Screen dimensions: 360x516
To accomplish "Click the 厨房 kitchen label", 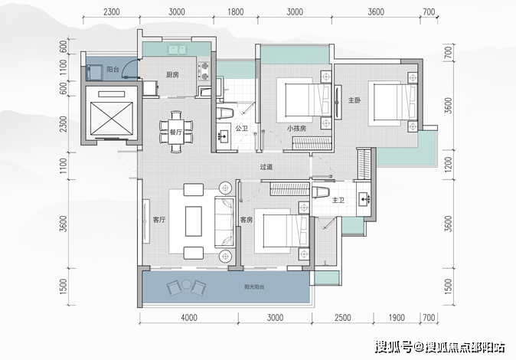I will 172,75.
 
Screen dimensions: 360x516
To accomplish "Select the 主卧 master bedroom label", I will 354,100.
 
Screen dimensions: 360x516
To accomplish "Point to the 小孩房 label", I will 297,128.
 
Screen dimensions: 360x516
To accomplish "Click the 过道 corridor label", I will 266,166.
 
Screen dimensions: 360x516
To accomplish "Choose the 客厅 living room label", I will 149,220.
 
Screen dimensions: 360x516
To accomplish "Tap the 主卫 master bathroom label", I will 338,200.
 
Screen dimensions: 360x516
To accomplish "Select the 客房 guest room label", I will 246,219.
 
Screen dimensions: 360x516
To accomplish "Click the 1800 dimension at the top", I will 236,13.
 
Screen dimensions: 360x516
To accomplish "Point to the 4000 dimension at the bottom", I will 190,317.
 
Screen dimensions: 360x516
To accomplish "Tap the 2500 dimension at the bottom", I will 342,317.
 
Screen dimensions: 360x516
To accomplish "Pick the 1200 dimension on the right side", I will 449,164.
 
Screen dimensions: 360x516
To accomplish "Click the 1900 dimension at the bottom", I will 395,317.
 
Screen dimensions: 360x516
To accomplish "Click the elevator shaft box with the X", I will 109,115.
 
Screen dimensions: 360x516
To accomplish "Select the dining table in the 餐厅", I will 176,127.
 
